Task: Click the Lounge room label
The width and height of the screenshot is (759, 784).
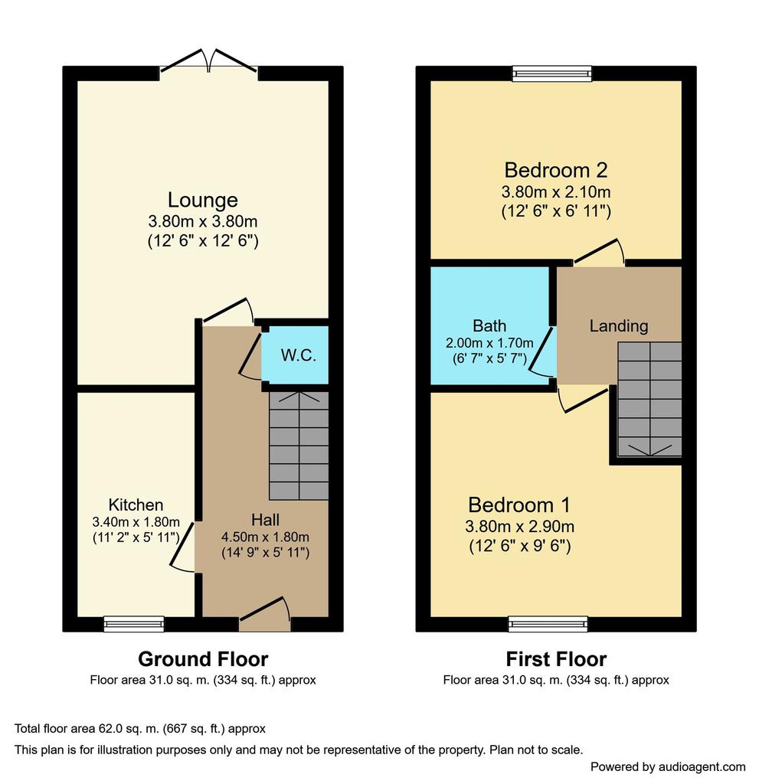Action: pos(203,200)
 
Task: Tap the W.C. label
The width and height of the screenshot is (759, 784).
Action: pos(298,355)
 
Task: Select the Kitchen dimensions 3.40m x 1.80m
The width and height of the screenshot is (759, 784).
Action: pos(136,522)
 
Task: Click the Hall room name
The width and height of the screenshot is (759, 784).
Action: pos(265,520)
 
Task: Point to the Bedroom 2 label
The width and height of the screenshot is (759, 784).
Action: pos(556,171)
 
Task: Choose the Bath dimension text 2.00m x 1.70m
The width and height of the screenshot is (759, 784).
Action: pos(489,343)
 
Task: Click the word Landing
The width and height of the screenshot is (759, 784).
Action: pos(619,326)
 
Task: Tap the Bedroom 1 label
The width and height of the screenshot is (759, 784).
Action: pos(519,505)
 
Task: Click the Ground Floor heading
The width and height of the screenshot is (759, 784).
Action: pos(203,659)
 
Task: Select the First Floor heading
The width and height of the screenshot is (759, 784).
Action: pos(556,659)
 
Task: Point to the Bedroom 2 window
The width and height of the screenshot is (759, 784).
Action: pos(552,73)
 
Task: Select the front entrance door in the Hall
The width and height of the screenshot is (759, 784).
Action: pos(265,614)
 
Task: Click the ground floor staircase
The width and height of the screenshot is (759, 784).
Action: pos(299,446)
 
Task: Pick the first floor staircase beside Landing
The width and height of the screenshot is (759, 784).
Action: pos(649,399)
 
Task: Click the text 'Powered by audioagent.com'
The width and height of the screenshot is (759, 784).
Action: pos(668,766)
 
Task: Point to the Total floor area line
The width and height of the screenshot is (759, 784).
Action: pos(140,729)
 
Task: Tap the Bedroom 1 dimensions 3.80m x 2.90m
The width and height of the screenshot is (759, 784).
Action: pos(520,527)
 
